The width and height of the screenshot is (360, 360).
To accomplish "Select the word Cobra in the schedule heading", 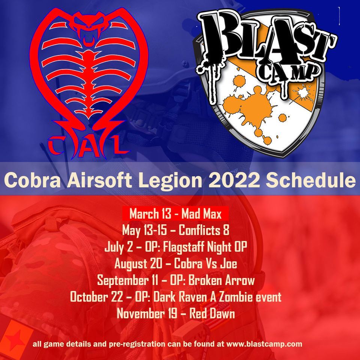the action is tap(32, 180).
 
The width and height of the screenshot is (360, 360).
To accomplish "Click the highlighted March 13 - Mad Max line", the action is tap(175, 213).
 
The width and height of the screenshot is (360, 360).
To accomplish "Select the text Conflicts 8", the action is tap(204, 230).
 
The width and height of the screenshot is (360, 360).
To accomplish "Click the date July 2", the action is tap(119, 247).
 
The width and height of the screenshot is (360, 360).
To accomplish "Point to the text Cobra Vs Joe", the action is tap(205, 263).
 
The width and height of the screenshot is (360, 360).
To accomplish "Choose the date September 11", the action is tap(127, 280).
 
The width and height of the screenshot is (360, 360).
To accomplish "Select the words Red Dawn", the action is tap(212, 313).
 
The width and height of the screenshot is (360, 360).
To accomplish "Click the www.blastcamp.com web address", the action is tap(264, 344).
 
